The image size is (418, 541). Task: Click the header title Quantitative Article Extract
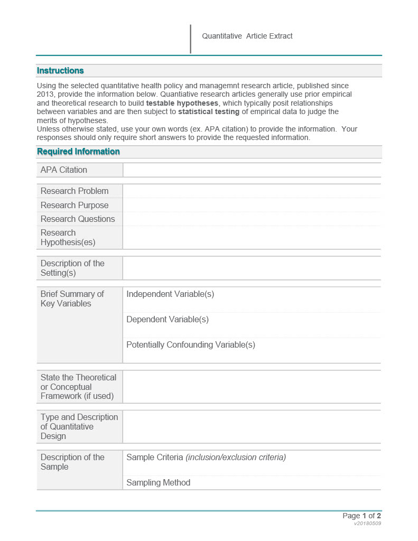point(247,36)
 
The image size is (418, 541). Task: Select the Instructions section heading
point(60,71)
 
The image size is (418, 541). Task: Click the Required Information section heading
point(78,152)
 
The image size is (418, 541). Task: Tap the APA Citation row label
point(63,170)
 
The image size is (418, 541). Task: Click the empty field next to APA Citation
point(252,170)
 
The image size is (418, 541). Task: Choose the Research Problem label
point(74,191)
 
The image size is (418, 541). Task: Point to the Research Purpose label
point(74,205)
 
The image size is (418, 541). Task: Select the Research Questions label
point(77,219)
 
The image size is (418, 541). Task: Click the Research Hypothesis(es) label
point(68,238)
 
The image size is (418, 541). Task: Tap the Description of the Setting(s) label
point(72,268)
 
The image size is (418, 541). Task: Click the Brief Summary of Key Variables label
point(72,299)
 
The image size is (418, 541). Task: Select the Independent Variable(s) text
point(170,294)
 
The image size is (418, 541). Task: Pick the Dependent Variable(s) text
point(168,319)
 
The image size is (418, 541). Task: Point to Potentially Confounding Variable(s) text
point(191,344)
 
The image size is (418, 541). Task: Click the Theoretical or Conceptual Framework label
point(78,387)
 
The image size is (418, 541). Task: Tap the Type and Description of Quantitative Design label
point(79,426)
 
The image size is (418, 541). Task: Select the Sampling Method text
point(158,482)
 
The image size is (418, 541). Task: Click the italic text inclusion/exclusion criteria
point(236,457)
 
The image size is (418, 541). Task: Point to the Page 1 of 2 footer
point(361,516)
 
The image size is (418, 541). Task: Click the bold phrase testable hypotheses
point(182,103)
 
